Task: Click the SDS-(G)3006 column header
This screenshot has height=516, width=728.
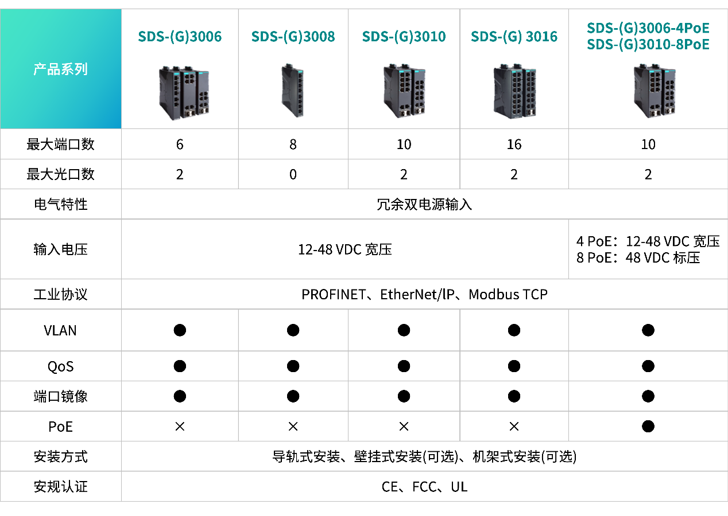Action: (x=180, y=37)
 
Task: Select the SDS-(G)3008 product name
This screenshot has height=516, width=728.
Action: (x=293, y=37)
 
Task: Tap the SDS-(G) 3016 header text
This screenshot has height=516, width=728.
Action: (x=514, y=37)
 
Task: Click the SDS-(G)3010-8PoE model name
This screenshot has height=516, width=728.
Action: (x=648, y=45)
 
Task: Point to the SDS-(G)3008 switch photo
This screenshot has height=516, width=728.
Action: (x=292, y=91)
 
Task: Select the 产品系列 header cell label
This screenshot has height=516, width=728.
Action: (x=60, y=70)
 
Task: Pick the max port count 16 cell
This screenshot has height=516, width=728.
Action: (x=514, y=144)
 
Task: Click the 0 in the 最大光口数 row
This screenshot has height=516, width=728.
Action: (x=293, y=174)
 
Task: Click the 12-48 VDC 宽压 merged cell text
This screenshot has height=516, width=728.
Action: (x=344, y=249)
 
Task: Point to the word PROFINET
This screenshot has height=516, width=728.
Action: (x=333, y=295)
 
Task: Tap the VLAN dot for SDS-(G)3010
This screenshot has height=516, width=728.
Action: (x=404, y=330)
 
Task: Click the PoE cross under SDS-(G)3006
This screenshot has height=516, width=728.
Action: (x=180, y=427)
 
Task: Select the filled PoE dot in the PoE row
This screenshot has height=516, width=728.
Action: (x=648, y=427)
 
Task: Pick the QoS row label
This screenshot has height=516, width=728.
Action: (x=60, y=366)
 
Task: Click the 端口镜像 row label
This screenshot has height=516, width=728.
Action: (x=60, y=397)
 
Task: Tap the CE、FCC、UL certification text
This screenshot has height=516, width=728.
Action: (x=424, y=487)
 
